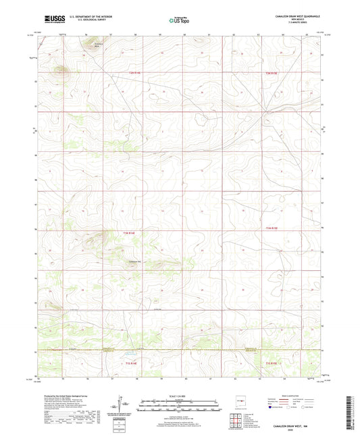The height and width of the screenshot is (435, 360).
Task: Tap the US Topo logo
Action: point(174,22)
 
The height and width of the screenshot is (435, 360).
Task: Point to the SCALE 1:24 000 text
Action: point(180,396)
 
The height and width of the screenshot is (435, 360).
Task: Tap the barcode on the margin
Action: point(352,408)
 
